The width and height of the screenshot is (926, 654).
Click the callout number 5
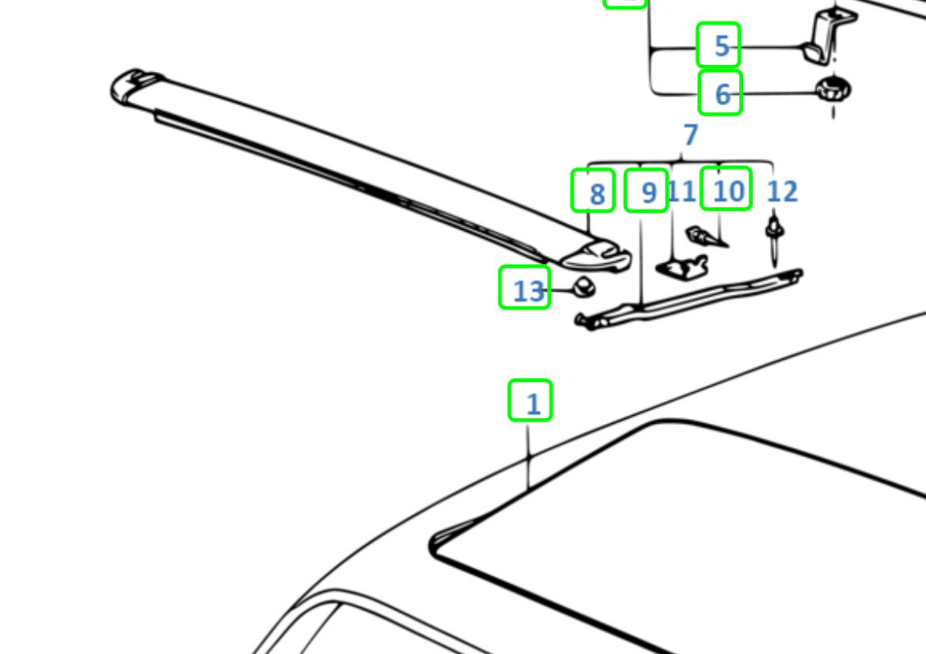pyautogui.click(x=722, y=46)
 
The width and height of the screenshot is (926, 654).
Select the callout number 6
pyautogui.click(x=723, y=94)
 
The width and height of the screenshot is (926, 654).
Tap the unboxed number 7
pyautogui.click(x=690, y=135)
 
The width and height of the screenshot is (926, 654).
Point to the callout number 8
pyautogui.click(x=598, y=195)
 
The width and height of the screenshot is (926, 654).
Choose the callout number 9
pyautogui.click(x=649, y=192)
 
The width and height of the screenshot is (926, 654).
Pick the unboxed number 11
pyautogui.click(x=681, y=191)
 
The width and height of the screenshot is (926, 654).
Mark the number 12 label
pyautogui.click(x=782, y=191)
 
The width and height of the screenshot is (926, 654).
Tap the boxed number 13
pyautogui.click(x=529, y=292)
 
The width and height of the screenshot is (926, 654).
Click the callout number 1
pyautogui.click(x=533, y=404)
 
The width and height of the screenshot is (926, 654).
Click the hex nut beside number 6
pyautogui.click(x=833, y=89)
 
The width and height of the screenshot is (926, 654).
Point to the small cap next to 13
pyautogui.click(x=584, y=287)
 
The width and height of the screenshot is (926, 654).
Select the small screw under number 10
pyautogui.click(x=706, y=237)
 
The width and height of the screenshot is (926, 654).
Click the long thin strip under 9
pyautogui.click(x=689, y=299)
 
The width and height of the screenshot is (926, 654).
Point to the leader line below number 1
pyautogui.click(x=529, y=456)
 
